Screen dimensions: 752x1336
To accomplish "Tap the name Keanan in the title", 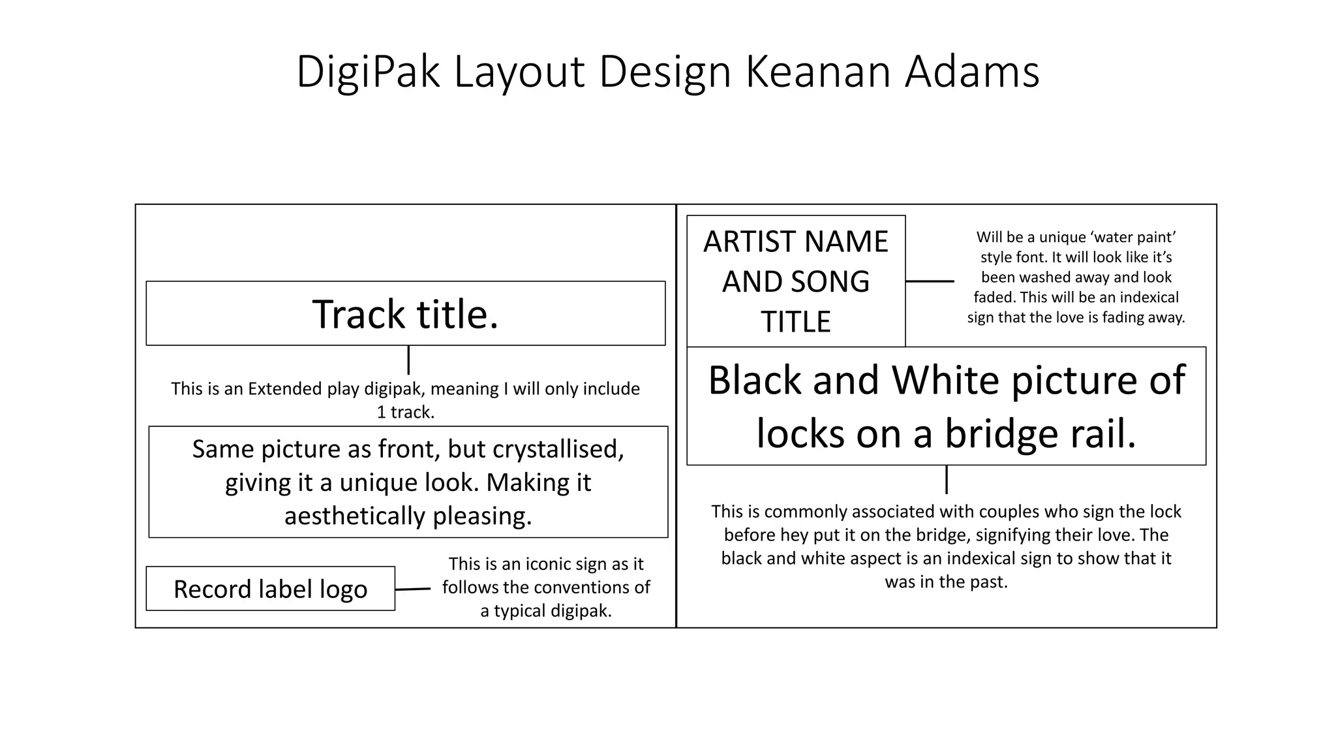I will pyautogui.click(x=817, y=72).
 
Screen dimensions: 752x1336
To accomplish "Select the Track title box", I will pyautogui.click(x=405, y=313).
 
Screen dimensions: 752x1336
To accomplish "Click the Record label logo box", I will pyautogui.click(x=270, y=589).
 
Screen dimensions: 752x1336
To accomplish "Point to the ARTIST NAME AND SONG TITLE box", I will pyautogui.click(x=796, y=281).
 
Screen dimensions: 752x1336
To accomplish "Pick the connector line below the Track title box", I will pyautogui.click(x=408, y=360).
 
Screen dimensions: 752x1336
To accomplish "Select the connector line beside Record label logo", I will pyautogui.click(x=412, y=589).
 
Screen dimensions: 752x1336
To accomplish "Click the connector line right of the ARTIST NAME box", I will pyautogui.click(x=930, y=281).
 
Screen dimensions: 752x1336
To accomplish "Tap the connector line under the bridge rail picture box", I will pyautogui.click(x=946, y=480).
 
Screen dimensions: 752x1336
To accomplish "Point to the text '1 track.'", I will pyautogui.click(x=405, y=413).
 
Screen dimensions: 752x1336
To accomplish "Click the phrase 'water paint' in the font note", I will pyautogui.click(x=1136, y=237).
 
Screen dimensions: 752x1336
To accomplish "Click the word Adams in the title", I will pyautogui.click(x=972, y=72).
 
